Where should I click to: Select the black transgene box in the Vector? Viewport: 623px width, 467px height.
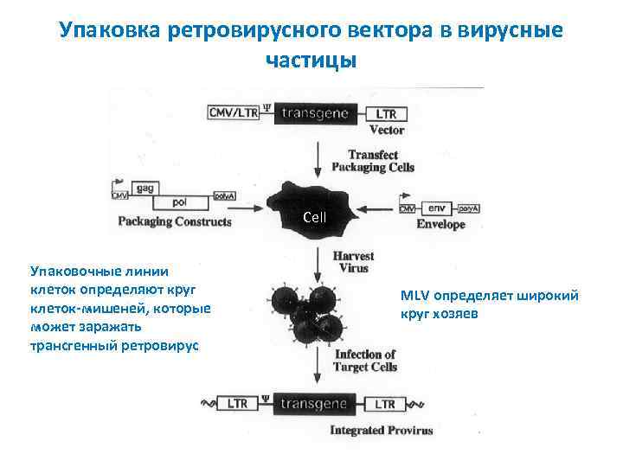coord(313,113)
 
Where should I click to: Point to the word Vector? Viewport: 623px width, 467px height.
coord(387,131)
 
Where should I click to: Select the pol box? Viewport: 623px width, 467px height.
coord(180,202)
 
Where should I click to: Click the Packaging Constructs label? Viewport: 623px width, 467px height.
coord(175,221)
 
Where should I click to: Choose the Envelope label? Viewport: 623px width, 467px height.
coord(440,225)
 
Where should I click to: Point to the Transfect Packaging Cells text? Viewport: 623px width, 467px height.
coord(381,161)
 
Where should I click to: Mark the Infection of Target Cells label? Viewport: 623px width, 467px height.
coord(365,361)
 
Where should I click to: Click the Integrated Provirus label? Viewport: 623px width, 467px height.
coord(382,430)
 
